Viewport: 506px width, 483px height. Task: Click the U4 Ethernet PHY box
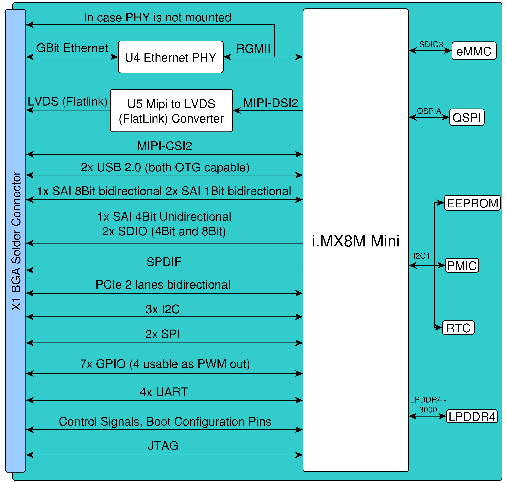point(171,57)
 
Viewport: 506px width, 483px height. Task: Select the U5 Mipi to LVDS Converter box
point(171,111)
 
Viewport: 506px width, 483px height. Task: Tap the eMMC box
point(474,51)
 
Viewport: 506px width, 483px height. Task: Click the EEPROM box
point(472,203)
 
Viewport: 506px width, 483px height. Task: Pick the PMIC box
point(462,265)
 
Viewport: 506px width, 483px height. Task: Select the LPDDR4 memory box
point(472,416)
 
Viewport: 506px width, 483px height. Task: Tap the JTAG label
point(163,446)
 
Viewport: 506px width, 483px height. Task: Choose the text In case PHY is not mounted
point(157,17)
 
